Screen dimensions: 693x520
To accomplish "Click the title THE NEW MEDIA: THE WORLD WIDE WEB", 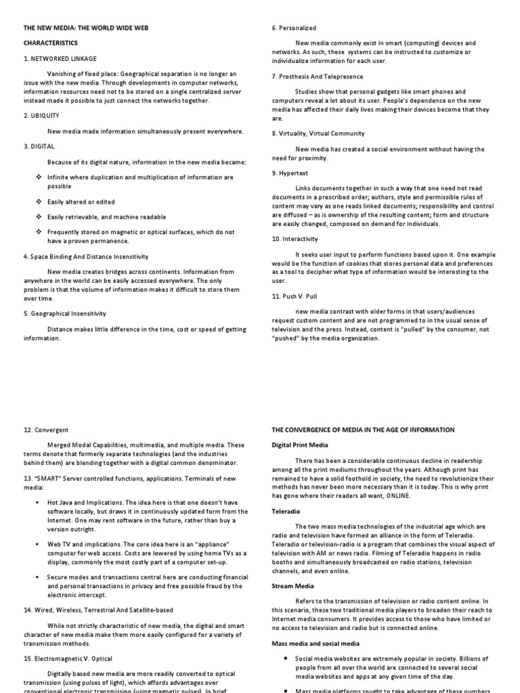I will point(86,28).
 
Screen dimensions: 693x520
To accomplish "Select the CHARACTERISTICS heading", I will point(51,43).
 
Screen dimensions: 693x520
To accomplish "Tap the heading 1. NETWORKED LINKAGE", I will point(60,58).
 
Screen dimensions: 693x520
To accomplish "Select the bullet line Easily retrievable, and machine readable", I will point(106,217).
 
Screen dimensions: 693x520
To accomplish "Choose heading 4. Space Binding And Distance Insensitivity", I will point(86,256).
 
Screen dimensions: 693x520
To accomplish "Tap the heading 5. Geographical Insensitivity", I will point(65,314).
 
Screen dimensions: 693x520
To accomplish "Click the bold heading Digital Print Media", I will point(299,445).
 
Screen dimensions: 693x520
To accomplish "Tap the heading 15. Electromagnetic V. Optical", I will point(68,658).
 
